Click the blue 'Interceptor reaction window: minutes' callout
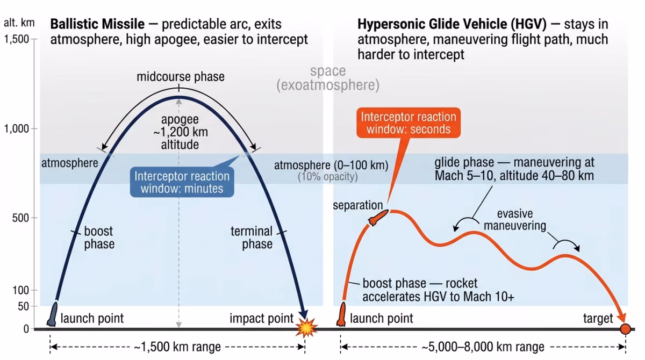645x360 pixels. click(182, 182)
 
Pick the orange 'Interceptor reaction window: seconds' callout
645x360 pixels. click(408, 124)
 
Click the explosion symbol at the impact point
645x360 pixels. click(307, 327)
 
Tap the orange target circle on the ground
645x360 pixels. click(625, 328)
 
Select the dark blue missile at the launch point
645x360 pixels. click(52, 314)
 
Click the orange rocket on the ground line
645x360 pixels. click(341, 315)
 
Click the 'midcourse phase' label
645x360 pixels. click(180, 76)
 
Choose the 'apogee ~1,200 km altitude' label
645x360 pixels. click(180, 132)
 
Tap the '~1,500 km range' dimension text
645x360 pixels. click(177, 347)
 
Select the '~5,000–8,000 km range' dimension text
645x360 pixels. click(483, 347)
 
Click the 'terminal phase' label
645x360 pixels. click(252, 237)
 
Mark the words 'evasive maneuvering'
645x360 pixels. click(514, 220)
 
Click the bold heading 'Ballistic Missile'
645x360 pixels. click(97, 24)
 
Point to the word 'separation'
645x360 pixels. click(357, 206)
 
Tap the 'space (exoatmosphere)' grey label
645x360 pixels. click(328, 78)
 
